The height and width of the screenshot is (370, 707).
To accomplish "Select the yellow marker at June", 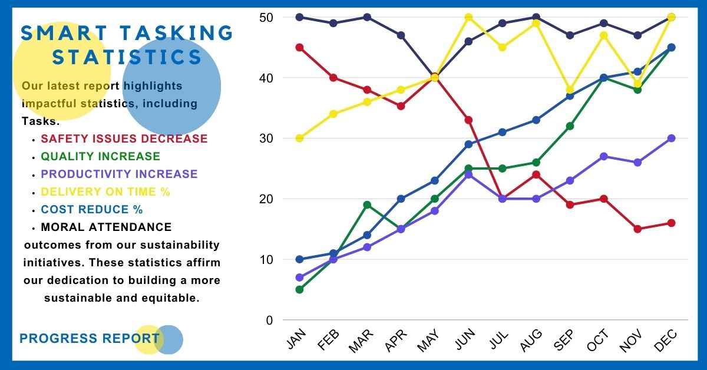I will [468, 17].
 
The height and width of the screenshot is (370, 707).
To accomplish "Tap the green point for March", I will [367, 205].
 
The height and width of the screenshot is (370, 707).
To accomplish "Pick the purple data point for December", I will [671, 138].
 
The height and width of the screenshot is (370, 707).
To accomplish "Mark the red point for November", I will [637, 229].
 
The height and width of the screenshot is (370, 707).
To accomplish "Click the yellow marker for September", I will [570, 90].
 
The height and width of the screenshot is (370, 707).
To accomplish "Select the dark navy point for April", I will [401, 35].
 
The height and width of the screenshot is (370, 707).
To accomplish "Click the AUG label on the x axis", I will [532, 341].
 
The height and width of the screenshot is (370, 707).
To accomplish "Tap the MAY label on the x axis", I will [429, 341].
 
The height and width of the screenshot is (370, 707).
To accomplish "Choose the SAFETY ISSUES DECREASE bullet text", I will [124, 139].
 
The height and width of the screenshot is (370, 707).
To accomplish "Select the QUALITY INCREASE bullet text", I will [100, 157].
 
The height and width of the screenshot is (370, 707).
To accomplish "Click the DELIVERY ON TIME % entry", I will [105, 192].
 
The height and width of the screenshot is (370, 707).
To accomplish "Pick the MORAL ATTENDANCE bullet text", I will [106, 227].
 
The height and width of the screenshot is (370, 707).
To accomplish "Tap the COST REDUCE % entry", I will [91, 210].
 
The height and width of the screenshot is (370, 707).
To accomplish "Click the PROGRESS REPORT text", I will [89, 339].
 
